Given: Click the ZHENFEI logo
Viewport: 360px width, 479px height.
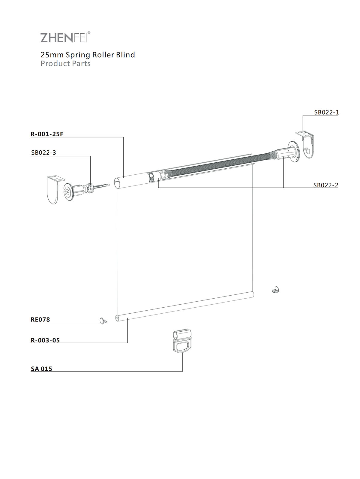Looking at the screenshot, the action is click(65, 37).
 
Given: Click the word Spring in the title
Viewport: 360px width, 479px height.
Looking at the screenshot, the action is click(78, 55).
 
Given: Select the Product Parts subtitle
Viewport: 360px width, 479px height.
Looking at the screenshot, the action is click(65, 64).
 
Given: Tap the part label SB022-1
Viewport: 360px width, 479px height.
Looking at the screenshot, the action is click(326, 112).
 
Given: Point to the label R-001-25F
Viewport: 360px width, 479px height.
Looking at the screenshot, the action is click(47, 134).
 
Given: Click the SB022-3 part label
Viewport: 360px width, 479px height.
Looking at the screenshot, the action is click(43, 152).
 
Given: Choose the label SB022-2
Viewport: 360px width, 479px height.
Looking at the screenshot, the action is click(326, 185).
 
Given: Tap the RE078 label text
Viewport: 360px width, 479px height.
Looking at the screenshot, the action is click(40, 319).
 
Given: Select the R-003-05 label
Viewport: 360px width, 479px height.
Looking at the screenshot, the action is click(45, 340).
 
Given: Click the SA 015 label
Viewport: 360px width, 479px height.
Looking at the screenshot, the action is click(41, 369).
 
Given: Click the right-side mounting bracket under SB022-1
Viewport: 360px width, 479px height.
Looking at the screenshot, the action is click(307, 144).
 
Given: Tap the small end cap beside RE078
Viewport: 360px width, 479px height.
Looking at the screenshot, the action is click(103, 321).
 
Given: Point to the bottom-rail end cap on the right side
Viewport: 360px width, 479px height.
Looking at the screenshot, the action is click(276, 290).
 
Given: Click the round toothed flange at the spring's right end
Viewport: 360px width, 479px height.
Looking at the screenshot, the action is click(294, 152).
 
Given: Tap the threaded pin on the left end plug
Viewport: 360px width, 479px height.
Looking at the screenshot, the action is click(101, 186).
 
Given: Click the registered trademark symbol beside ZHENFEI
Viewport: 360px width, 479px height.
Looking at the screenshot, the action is click(89, 33).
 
